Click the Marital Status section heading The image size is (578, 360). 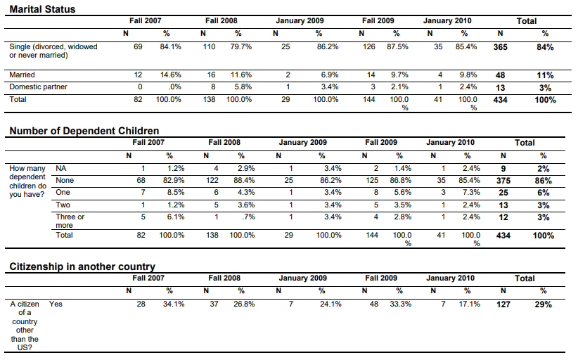[x=42, y=9]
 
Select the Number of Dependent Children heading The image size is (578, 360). [x=84, y=131]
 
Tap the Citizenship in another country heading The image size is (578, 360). [x=82, y=266]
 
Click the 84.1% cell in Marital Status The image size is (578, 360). [x=170, y=47]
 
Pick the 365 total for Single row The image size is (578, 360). [x=500, y=47]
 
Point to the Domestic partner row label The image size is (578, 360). [x=39, y=87]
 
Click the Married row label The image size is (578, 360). [x=22, y=75]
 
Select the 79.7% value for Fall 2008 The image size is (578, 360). [x=241, y=47]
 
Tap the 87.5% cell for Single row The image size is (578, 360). [x=397, y=47]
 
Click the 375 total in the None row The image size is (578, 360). [x=503, y=181]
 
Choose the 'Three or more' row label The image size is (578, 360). [x=70, y=221]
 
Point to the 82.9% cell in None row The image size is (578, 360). [x=174, y=181]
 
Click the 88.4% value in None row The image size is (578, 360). [x=244, y=181]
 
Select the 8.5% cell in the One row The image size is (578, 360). [x=176, y=193]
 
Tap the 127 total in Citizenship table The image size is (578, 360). [x=503, y=304]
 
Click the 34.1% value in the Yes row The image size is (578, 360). [x=174, y=304]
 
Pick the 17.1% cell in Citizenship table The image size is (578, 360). [x=469, y=304]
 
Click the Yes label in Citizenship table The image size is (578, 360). [x=56, y=304]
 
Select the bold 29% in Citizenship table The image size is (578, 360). [x=544, y=304]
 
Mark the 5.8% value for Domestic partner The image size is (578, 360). [x=243, y=87]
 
